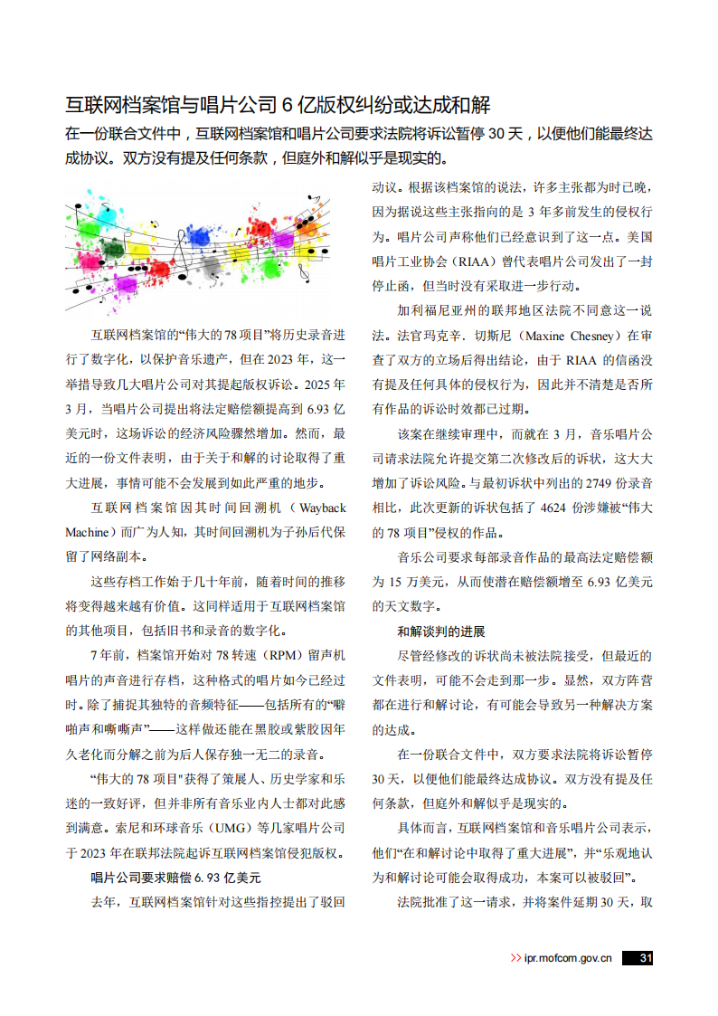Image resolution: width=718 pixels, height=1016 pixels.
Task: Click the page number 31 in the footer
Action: [643, 958]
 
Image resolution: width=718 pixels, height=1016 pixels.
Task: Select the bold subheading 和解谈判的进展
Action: [441, 631]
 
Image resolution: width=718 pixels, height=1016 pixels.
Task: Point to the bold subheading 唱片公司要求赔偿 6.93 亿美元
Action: [175, 877]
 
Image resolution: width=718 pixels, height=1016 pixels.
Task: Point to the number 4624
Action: [558, 509]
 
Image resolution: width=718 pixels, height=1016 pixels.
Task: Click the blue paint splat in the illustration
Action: [201, 237]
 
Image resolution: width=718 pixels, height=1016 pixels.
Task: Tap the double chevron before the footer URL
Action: [515, 958]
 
